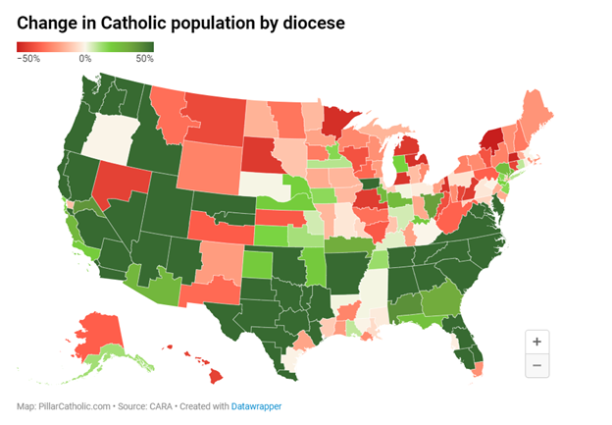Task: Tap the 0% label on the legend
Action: click(85, 59)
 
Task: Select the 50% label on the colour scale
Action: click(144, 59)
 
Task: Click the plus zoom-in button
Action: click(536, 342)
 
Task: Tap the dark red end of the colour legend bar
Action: click(22, 46)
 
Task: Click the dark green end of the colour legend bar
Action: click(150, 46)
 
